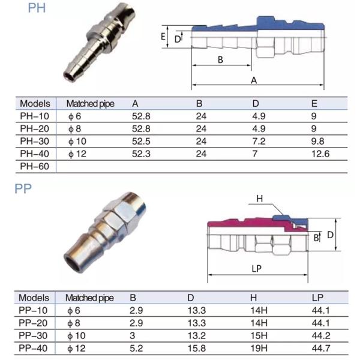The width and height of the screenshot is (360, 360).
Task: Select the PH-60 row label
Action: tap(35, 165)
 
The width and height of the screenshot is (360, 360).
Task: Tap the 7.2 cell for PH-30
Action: tap(259, 142)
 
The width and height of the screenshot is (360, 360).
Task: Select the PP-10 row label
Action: tap(34, 310)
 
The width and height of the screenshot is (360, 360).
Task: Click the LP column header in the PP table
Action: tap(318, 298)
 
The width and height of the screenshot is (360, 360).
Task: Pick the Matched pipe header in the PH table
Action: tap(90, 103)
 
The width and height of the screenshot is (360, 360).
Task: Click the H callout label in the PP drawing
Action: tap(259, 199)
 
